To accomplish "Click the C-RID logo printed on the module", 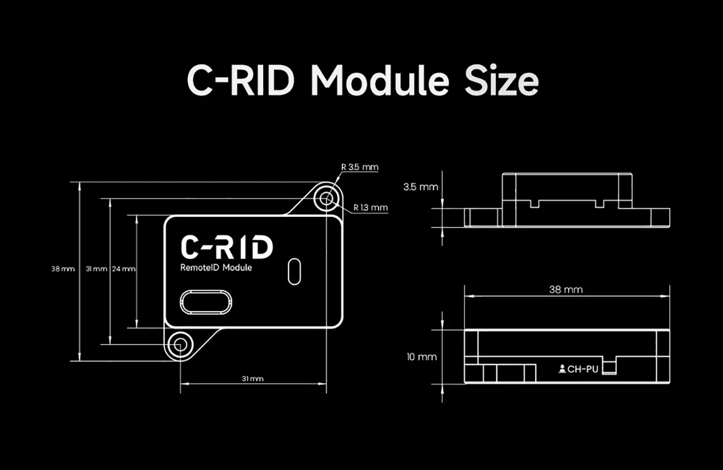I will point(227,247).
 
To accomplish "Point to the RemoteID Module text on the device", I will point(216,268).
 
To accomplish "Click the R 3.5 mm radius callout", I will point(360,167).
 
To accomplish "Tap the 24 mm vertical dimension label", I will point(124,269).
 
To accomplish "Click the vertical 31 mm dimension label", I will point(96,269).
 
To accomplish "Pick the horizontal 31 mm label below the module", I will point(252,379).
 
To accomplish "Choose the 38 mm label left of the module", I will point(63,269).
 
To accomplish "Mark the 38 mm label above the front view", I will point(566,289).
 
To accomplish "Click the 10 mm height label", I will point(421,357).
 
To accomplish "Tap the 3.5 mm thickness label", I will point(421,187).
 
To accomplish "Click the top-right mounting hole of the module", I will point(327,198).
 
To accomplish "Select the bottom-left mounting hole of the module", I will point(179,345).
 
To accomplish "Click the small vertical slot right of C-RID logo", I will point(294,271).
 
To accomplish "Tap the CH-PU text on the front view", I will point(583,369).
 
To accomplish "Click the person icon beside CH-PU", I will point(562,368).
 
